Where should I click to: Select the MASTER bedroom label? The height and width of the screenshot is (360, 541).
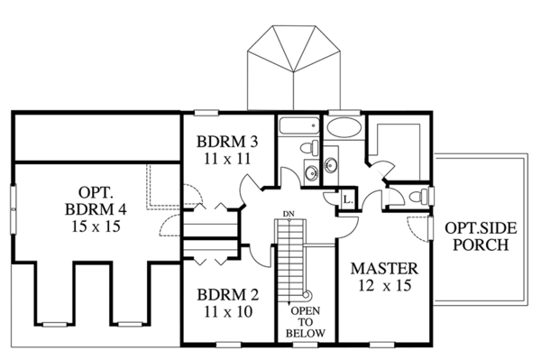[384, 269]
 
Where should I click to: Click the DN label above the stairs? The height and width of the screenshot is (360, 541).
[288, 214]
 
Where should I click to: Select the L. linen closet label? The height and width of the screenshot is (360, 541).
[348, 199]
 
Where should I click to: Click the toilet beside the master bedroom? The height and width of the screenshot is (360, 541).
[416, 197]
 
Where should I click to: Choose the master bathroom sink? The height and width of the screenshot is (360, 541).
[329, 166]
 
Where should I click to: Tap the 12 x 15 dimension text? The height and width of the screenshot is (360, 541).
[384, 287]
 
